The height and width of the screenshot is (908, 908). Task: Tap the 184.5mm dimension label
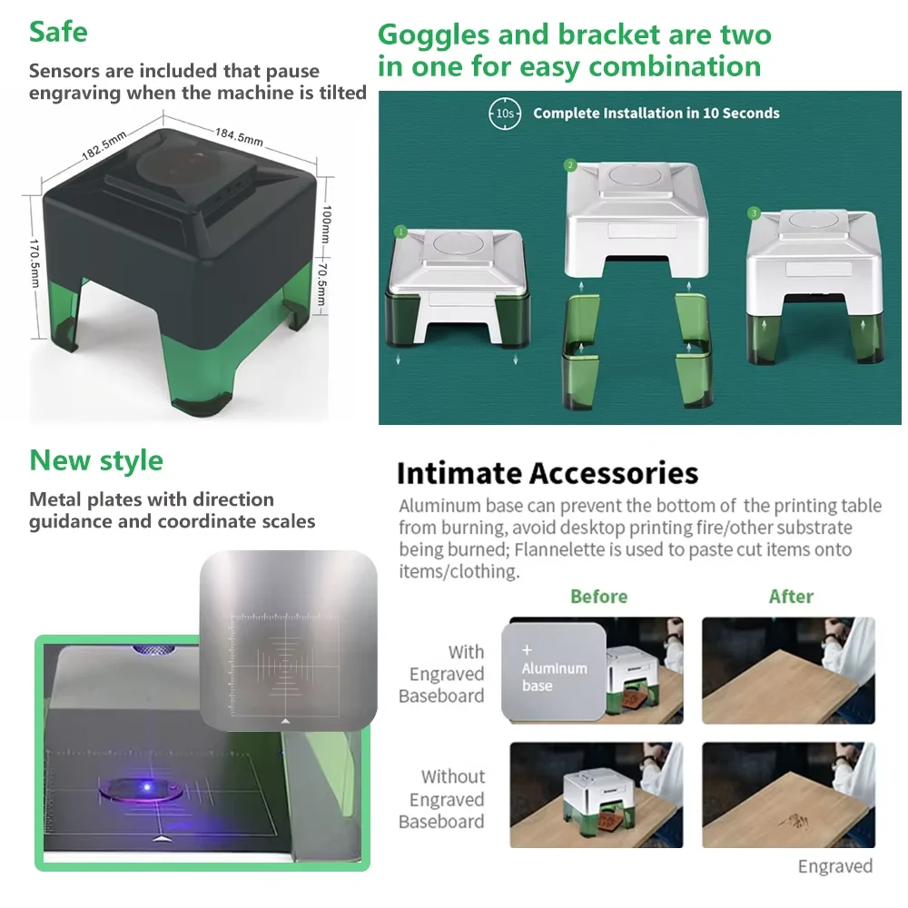click(239, 136)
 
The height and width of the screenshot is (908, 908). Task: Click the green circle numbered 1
click(400, 232)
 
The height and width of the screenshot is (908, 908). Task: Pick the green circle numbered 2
click(570, 165)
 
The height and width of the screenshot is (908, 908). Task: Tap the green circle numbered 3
click(754, 213)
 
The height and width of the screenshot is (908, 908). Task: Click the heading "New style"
click(96, 460)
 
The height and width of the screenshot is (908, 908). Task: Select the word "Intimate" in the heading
click(459, 473)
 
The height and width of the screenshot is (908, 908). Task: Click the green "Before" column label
click(598, 597)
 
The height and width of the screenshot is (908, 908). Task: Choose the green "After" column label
click(791, 597)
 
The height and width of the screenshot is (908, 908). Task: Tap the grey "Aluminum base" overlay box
click(553, 669)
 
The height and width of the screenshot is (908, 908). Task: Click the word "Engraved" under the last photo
click(834, 866)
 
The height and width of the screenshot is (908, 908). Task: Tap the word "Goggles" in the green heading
click(437, 35)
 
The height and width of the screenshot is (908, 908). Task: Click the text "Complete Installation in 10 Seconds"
click(656, 113)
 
